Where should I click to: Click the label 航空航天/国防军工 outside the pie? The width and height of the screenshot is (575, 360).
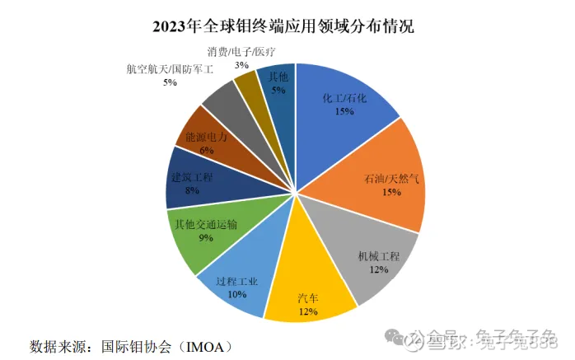pos(170,70)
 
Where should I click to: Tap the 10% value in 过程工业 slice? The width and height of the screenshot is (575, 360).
pos(236,294)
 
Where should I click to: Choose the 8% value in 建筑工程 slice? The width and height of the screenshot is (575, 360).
pos(192,190)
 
